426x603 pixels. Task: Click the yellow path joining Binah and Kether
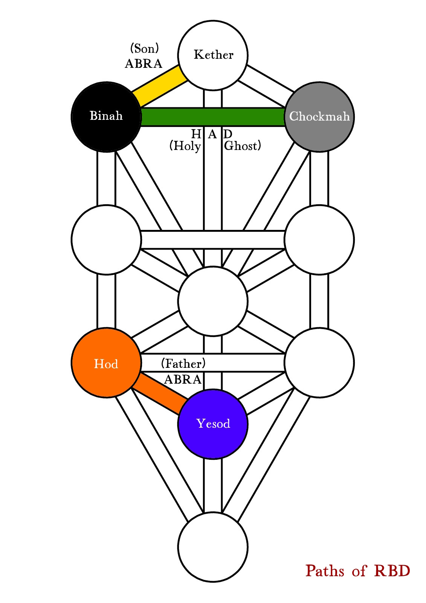click(160, 86)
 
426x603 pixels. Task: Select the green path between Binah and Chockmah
click(213, 117)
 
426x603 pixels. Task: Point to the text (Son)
click(144, 48)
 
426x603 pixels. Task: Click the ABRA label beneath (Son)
click(144, 64)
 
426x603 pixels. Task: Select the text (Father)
click(183, 363)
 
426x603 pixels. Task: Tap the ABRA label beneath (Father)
click(183, 379)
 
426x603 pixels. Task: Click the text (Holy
click(185, 146)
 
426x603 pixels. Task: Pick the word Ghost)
click(243, 146)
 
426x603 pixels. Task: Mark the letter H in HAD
click(196, 134)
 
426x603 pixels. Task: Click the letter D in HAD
click(228, 134)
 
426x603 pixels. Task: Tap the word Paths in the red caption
click(325, 571)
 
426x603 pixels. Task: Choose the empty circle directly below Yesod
click(213, 547)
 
